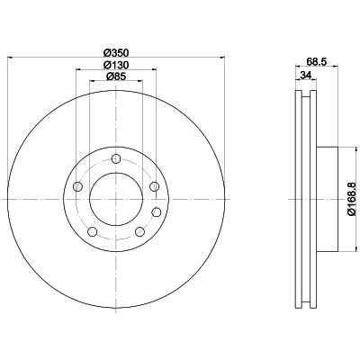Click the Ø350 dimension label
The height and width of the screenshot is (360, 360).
(x=116, y=53)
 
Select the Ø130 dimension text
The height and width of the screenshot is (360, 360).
(x=116, y=65)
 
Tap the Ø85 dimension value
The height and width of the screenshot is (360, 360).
(x=116, y=76)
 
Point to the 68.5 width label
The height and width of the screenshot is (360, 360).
(x=317, y=61)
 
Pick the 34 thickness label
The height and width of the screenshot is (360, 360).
(x=305, y=76)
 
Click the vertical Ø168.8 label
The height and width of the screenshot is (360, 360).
(x=352, y=199)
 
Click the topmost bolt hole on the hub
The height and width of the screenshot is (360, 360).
(x=116, y=158)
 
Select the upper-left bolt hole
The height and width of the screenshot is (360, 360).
(x=77, y=186)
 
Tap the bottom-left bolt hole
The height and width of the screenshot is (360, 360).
(x=93, y=231)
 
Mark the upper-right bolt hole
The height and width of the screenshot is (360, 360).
(x=154, y=186)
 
